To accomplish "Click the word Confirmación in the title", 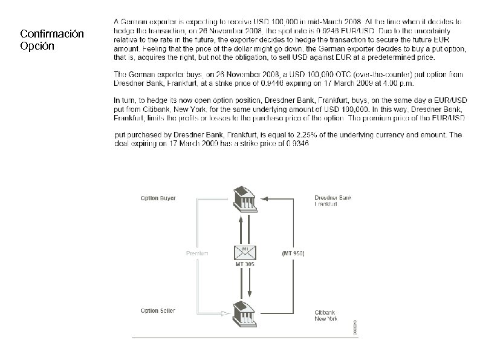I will (52, 34).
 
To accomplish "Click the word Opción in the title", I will (37, 46).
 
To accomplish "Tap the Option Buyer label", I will (158, 198).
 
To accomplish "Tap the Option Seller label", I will (158, 310).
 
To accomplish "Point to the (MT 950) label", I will (294, 253).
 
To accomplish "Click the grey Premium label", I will (197, 253).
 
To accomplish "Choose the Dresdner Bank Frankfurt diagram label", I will (332, 201).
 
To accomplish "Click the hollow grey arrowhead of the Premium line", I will (224, 313).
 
